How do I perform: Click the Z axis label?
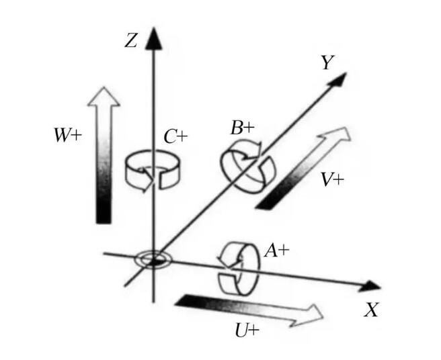point(131,40)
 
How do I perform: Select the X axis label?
point(371,310)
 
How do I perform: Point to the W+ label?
point(68,135)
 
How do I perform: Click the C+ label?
point(175,137)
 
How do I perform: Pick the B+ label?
point(243,128)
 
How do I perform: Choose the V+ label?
point(333,179)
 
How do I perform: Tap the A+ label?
point(277,251)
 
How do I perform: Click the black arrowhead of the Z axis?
point(153,39)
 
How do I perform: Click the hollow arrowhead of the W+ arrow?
point(104,97)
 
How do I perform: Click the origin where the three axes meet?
point(153,258)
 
